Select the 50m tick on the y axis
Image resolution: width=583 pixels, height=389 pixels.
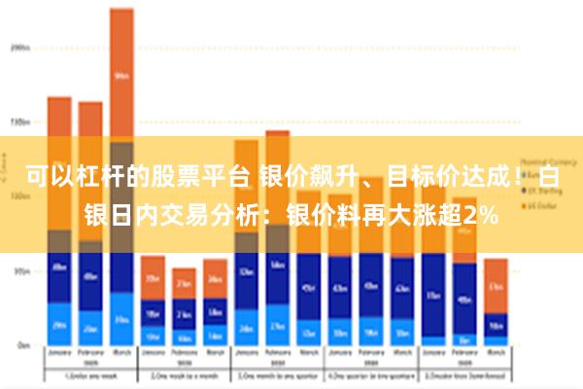pyautogui.click(x=19, y=272)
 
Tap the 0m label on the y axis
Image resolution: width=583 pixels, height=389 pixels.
pyautogui.click(x=21, y=345)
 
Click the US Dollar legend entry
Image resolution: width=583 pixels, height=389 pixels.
pyautogui.click(x=540, y=206)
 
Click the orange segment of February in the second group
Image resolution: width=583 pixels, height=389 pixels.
pyautogui.click(x=184, y=283)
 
